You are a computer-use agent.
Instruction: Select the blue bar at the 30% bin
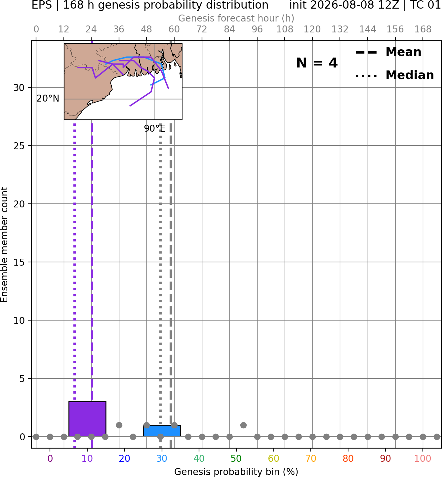click(x=162, y=431)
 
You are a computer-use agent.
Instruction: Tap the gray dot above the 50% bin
click(x=243, y=425)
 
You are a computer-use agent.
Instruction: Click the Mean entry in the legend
click(x=388, y=52)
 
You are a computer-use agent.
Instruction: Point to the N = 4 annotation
click(x=317, y=63)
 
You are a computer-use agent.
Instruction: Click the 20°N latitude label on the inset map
click(x=48, y=99)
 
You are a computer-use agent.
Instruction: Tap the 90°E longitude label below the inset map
click(x=155, y=128)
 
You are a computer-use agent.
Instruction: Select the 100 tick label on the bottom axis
click(x=423, y=459)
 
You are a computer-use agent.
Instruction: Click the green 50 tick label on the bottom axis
click(x=236, y=459)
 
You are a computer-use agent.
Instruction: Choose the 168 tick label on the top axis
click(x=423, y=29)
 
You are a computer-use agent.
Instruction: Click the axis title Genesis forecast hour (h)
click(x=236, y=18)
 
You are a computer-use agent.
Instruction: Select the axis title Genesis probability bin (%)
click(x=236, y=472)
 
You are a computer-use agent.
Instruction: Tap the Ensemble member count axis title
click(x=4, y=244)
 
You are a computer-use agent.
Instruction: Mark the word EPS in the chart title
click(x=42, y=5)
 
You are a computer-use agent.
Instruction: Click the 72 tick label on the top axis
click(x=202, y=29)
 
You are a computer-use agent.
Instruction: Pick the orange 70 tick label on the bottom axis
click(x=311, y=459)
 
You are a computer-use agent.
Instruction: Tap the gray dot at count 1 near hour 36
click(x=119, y=425)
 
